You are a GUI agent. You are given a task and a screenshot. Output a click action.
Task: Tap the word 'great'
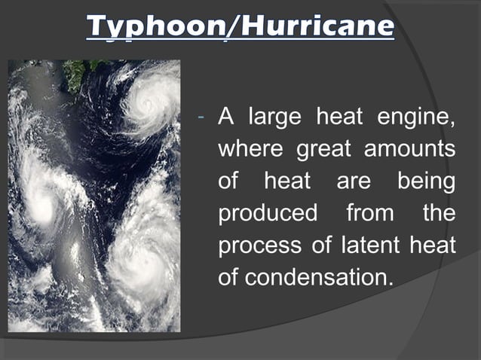click(x=323, y=150)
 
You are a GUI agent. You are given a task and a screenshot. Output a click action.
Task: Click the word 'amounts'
click(x=410, y=150)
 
